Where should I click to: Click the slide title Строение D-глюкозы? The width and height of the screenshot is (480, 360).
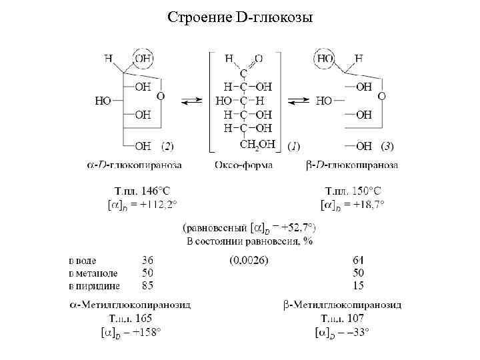240,15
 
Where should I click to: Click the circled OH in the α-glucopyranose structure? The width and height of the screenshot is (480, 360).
144,59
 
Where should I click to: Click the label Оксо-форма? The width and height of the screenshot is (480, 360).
243,164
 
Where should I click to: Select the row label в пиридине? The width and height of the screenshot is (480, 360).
95,286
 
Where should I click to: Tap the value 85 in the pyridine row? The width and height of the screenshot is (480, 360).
147,286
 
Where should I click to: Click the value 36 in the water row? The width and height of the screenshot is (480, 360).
147,260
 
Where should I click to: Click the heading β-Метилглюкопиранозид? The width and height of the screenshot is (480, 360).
342,305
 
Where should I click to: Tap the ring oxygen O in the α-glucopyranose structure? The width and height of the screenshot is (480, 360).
161,97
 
